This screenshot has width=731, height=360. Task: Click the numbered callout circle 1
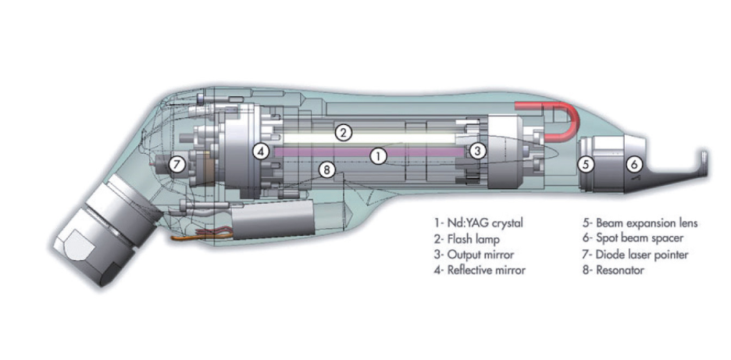tap(379, 156)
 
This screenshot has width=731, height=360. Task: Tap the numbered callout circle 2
tap(343, 134)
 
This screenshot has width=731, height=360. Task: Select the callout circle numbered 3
tap(477, 151)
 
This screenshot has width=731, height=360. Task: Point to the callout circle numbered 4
tap(262, 151)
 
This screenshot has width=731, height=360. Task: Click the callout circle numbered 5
tap(587, 164)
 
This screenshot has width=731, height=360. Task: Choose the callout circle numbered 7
tap(177, 164)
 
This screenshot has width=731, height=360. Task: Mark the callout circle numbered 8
tap(326, 171)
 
